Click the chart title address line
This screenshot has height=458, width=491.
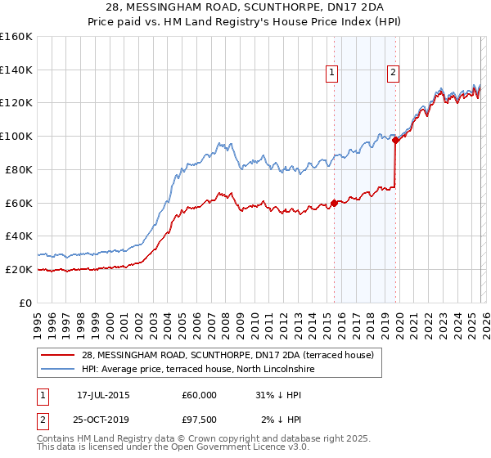coord(245,7)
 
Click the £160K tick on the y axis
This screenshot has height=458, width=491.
coord(16,37)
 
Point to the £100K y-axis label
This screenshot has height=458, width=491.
coord(16,136)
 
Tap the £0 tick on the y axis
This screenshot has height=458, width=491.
coord(25,303)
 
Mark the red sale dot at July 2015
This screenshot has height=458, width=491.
coord(334,203)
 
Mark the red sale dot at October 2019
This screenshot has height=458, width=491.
coord(395,140)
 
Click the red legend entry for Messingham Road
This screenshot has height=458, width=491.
coord(227,355)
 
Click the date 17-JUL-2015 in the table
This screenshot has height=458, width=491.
coord(103,395)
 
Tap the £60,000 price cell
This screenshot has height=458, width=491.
coord(200,395)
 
